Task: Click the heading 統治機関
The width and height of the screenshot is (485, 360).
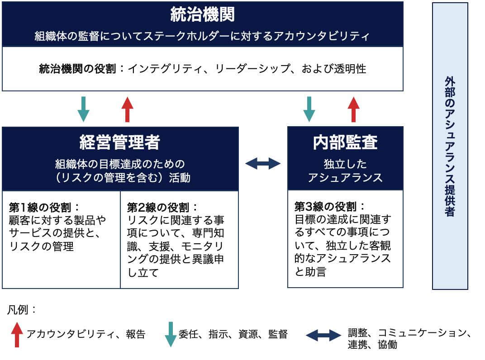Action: click(x=202, y=15)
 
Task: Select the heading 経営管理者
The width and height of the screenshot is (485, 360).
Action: click(x=120, y=142)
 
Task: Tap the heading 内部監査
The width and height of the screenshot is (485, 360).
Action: click(x=345, y=142)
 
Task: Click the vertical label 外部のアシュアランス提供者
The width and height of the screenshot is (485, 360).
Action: click(x=450, y=146)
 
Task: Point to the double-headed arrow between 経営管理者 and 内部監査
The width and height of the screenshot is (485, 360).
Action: click(x=263, y=163)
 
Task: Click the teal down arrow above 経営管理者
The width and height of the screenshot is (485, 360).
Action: click(x=84, y=109)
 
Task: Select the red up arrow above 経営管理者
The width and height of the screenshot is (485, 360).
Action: click(x=128, y=109)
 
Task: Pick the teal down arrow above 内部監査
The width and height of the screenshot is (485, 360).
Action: click(x=309, y=109)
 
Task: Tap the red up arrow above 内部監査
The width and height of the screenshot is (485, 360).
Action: click(x=354, y=109)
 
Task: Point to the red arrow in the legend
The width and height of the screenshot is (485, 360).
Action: click(x=17, y=334)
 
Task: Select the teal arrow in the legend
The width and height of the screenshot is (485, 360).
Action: click(x=171, y=334)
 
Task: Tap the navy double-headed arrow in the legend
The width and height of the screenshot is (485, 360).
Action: click(x=323, y=335)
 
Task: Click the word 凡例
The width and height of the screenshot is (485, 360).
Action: click(x=21, y=311)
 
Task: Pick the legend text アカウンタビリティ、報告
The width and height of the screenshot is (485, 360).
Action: click(x=86, y=335)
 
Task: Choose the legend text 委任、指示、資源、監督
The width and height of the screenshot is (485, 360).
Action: click(x=233, y=335)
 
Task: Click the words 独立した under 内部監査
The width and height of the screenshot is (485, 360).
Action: click(x=345, y=164)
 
